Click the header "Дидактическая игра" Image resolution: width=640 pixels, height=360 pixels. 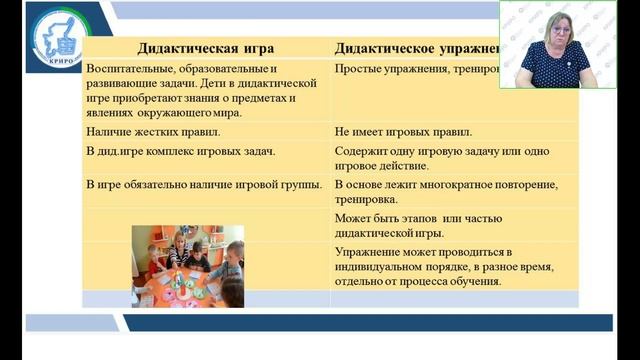[204, 47]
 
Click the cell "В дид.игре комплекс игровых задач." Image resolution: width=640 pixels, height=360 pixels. [181, 151]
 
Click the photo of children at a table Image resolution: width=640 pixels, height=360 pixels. [187, 265]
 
